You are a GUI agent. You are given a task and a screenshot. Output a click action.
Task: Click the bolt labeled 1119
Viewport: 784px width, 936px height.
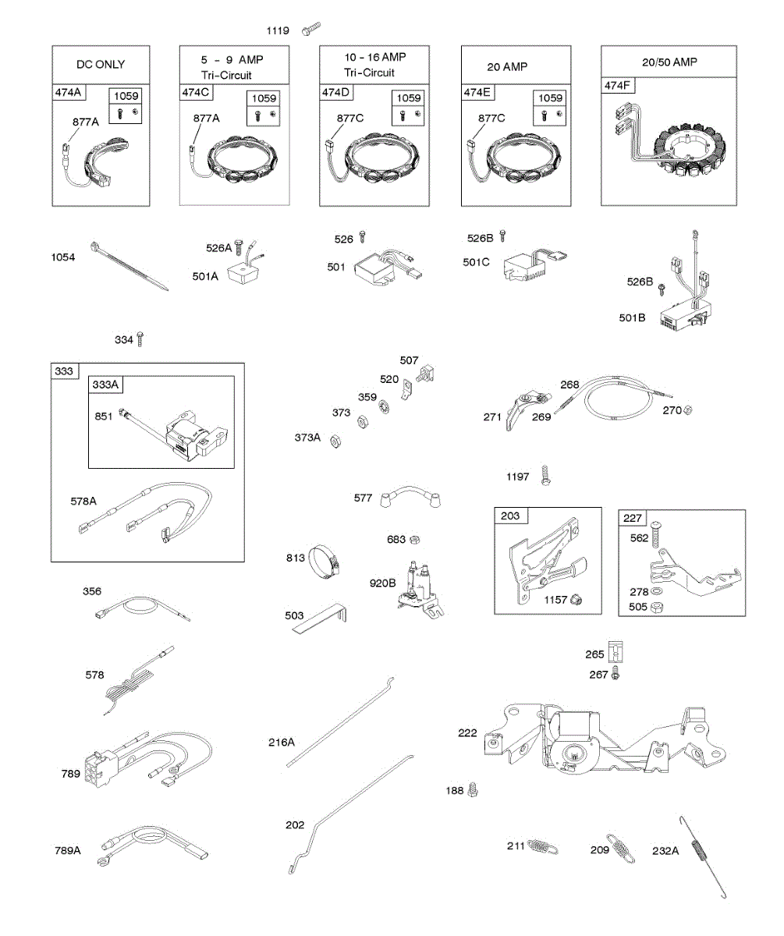tap(310, 30)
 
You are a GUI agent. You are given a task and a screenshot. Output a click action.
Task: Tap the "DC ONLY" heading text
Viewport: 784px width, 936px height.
tap(100, 64)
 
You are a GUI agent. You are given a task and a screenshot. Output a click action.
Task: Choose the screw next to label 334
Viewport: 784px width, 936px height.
tap(140, 339)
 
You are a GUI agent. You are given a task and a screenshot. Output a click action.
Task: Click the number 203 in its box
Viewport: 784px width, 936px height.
tap(510, 516)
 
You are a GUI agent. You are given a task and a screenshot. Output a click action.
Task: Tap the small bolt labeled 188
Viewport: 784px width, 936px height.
tap(472, 790)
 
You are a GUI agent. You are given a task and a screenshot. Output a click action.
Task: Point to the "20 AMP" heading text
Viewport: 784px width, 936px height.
tap(507, 67)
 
